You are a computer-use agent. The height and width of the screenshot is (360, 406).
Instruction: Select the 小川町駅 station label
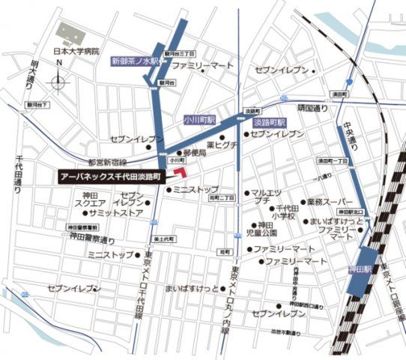click(x=199, y=119)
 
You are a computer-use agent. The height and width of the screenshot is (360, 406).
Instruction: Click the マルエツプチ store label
click(x=266, y=196)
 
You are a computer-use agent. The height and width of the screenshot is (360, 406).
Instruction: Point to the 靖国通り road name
click(x=312, y=109)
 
